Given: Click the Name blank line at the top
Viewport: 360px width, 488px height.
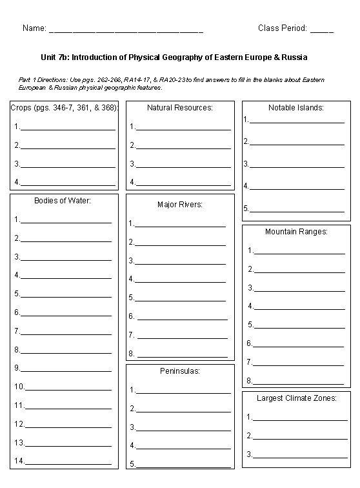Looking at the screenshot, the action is pos(126,30).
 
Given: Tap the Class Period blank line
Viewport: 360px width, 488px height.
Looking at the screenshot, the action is pos(322,30).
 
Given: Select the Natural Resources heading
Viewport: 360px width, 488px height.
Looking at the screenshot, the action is pos(180,108).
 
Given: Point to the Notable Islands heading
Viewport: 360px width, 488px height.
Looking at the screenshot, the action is pos(296,108).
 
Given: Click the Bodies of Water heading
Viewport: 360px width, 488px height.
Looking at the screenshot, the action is pos(63,200).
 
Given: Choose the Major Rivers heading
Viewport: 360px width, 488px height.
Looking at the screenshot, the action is pos(180,205).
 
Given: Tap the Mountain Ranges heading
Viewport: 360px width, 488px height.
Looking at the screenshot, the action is pos(296,231).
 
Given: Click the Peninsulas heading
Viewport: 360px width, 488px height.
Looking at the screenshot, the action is pos(180,371).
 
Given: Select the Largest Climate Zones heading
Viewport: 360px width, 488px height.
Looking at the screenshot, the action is pos(296,398).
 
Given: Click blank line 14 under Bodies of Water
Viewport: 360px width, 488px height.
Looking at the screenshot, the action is pos(68,463).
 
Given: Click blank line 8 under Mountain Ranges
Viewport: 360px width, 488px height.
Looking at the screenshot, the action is pos(299,383).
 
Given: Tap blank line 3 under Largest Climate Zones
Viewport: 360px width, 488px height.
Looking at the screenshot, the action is pos(300,456).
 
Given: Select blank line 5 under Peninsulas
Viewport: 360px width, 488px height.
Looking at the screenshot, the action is pos(183,466).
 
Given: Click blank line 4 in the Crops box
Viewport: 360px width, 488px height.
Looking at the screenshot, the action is pos(68,184).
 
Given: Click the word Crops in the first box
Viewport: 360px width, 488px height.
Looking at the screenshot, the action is pos(21,108).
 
